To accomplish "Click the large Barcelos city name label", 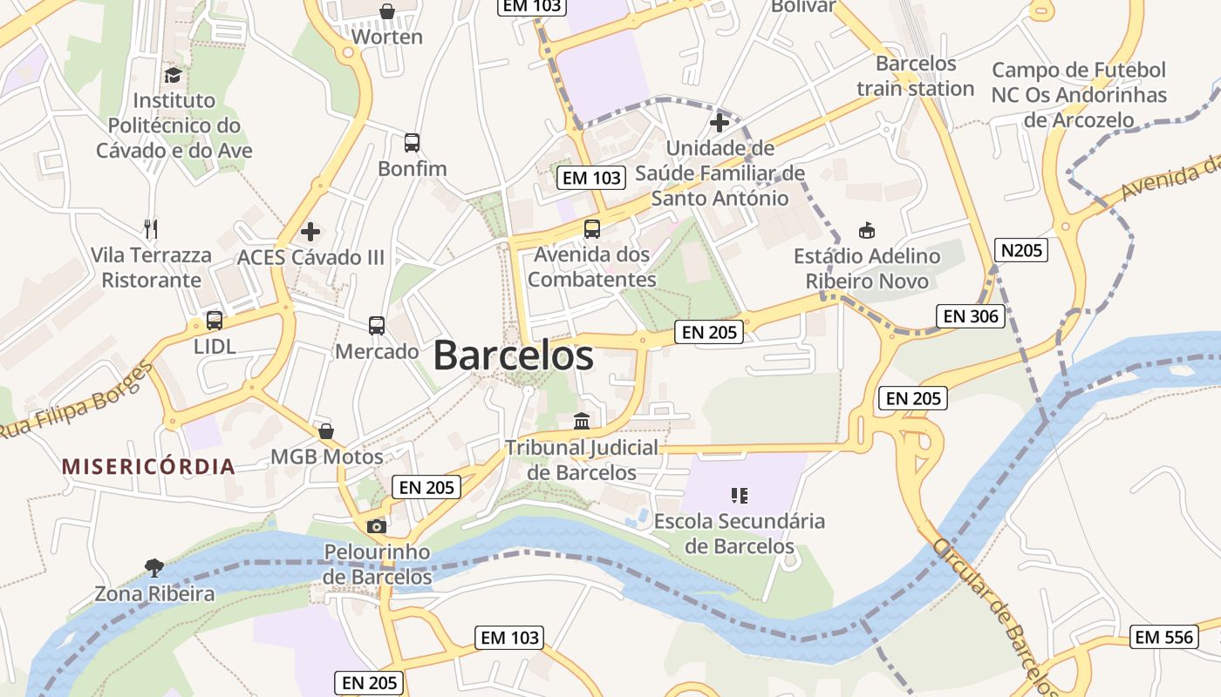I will (513, 355).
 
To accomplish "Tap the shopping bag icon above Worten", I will (387, 11).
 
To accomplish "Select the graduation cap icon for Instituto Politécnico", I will (174, 76).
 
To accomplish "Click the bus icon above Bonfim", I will (412, 143).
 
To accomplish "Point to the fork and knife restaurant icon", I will (152, 229).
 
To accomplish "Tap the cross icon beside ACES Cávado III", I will (310, 232).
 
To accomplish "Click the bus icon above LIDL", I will (215, 321).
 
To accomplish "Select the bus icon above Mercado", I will (377, 326).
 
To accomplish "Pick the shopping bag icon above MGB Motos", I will (326, 431).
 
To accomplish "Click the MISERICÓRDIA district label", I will (148, 466).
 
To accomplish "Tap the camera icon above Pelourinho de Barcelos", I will (377, 526).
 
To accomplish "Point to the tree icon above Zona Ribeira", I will (154, 568).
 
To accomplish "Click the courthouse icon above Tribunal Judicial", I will (582, 423).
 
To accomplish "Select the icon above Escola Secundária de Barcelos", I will (740, 496).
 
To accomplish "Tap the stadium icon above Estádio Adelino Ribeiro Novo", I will (867, 231).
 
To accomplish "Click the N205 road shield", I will (1020, 251).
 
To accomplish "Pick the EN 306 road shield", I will (970, 316).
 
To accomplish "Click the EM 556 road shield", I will (1163, 637).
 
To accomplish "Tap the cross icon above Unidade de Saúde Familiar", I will (720, 122).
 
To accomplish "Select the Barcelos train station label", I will (916, 76).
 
